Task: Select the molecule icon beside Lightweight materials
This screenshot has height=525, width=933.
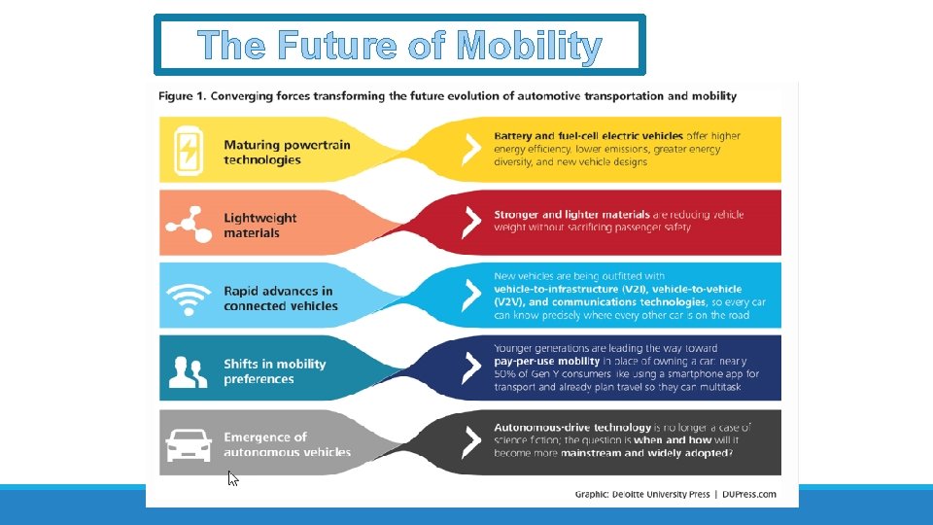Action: (188, 224)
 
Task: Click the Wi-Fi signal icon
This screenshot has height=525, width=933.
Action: (188, 297)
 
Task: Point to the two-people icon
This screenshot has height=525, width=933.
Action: (188, 370)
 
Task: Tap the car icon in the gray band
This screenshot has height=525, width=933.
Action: (188, 444)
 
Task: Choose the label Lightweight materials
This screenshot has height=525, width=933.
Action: (259, 226)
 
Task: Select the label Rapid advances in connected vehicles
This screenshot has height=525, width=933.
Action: (280, 298)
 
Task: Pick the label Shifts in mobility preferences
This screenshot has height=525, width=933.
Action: (274, 371)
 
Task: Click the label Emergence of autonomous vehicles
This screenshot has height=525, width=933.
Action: (287, 444)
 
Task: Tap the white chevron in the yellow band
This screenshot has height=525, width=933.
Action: (471, 150)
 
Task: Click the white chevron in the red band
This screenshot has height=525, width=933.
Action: (471, 223)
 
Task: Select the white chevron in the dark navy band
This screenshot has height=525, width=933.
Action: (471, 367)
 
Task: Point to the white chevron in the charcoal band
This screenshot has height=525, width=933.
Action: (471, 441)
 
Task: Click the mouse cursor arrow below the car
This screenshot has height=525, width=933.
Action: (232, 478)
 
